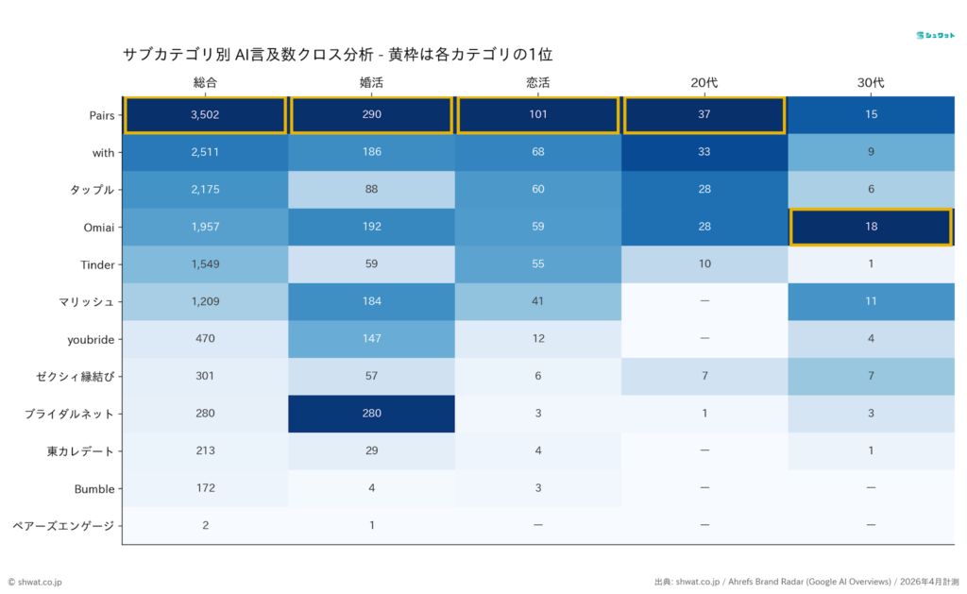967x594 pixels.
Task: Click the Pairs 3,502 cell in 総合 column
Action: click(x=205, y=115)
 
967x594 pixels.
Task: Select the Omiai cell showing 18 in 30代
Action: click(x=870, y=228)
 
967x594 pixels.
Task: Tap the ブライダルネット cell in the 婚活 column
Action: click(x=371, y=414)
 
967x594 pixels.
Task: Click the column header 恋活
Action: click(x=537, y=83)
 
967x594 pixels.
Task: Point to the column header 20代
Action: click(x=704, y=83)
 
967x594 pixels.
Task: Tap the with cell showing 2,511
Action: click(x=205, y=153)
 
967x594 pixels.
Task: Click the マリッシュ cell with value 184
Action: click(x=371, y=301)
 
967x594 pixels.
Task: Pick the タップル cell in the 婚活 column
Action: click(x=371, y=190)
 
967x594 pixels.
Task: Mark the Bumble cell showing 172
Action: click(x=205, y=488)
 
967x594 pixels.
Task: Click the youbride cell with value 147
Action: click(x=371, y=339)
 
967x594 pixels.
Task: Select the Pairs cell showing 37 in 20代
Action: click(x=704, y=115)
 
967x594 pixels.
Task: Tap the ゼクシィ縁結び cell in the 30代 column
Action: click(x=870, y=376)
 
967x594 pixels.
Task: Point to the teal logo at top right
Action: click(x=934, y=35)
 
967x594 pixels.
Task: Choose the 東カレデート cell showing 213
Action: click(x=205, y=450)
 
